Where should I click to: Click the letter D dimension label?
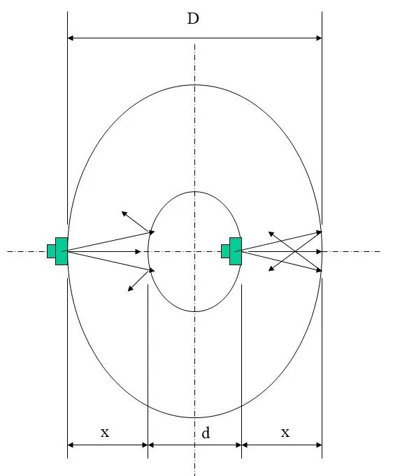pyautogui.click(x=193, y=19)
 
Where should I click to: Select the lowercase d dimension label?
pyautogui.click(x=206, y=432)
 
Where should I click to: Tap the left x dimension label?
pyautogui.click(x=105, y=432)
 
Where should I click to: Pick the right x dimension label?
pyautogui.click(x=285, y=432)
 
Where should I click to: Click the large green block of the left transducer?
pyautogui.click(x=62, y=251)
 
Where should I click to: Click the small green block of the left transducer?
pyautogui.click(x=51, y=251)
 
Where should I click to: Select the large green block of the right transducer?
pyautogui.click(x=236, y=251)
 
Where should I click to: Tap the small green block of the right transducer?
pyautogui.click(x=225, y=251)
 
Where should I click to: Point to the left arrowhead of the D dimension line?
pyautogui.click(x=70, y=38)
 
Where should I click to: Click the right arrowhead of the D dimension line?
pyautogui.click(x=319, y=38)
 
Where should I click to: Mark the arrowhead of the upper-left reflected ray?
pyautogui.click(x=124, y=214)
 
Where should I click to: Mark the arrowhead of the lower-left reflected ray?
pyautogui.click(x=130, y=289)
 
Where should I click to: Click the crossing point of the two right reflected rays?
pyautogui.click(x=295, y=251)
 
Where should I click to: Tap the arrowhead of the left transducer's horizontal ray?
pyautogui.click(x=138, y=252)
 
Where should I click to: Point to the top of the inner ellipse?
pyautogui.click(x=194, y=191)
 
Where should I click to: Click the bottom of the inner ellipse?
pyautogui.click(x=194, y=311)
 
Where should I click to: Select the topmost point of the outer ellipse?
pyautogui.click(x=194, y=84)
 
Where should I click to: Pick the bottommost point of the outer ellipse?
pyautogui.click(x=194, y=417)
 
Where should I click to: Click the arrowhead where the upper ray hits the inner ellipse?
pyautogui.click(x=152, y=232)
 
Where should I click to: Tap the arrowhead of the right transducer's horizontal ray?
pyautogui.click(x=319, y=252)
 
